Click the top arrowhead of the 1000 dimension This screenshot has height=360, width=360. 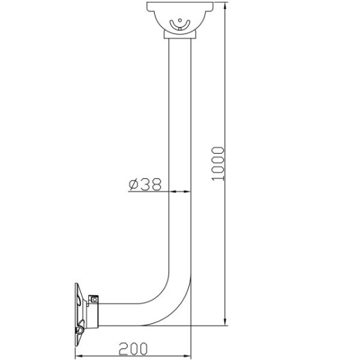226,6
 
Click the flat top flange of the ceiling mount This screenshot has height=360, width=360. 180,6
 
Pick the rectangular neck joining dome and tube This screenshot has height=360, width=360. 180,37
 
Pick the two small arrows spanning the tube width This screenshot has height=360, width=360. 180,192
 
